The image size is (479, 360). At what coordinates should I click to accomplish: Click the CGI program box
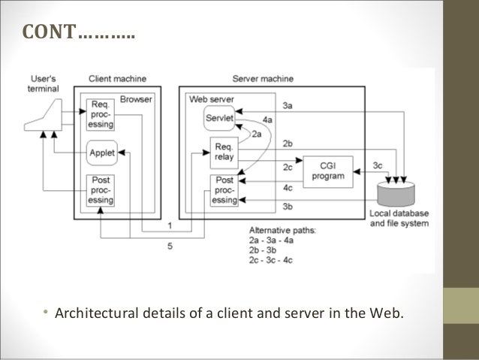click(327, 171)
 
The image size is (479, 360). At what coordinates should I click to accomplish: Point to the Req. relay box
click(224, 153)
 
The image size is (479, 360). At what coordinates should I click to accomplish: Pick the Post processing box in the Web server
click(224, 190)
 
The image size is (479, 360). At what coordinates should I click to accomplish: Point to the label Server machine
click(263, 78)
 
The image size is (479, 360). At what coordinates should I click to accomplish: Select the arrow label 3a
click(288, 106)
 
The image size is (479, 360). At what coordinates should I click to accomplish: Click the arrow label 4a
click(268, 119)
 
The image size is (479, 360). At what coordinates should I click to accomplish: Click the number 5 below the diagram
click(170, 246)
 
